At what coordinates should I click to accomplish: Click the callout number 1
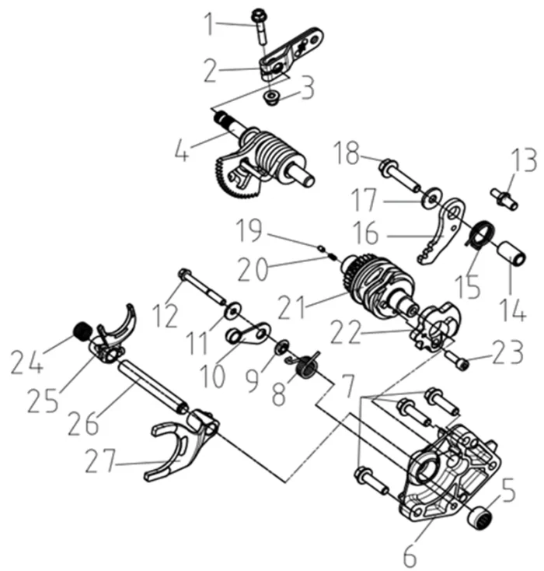pyautogui.click(x=207, y=25)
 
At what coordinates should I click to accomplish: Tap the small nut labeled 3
pyautogui.click(x=271, y=98)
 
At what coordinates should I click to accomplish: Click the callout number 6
pyautogui.click(x=410, y=555)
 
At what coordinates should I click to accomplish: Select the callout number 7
pyautogui.click(x=346, y=383)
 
